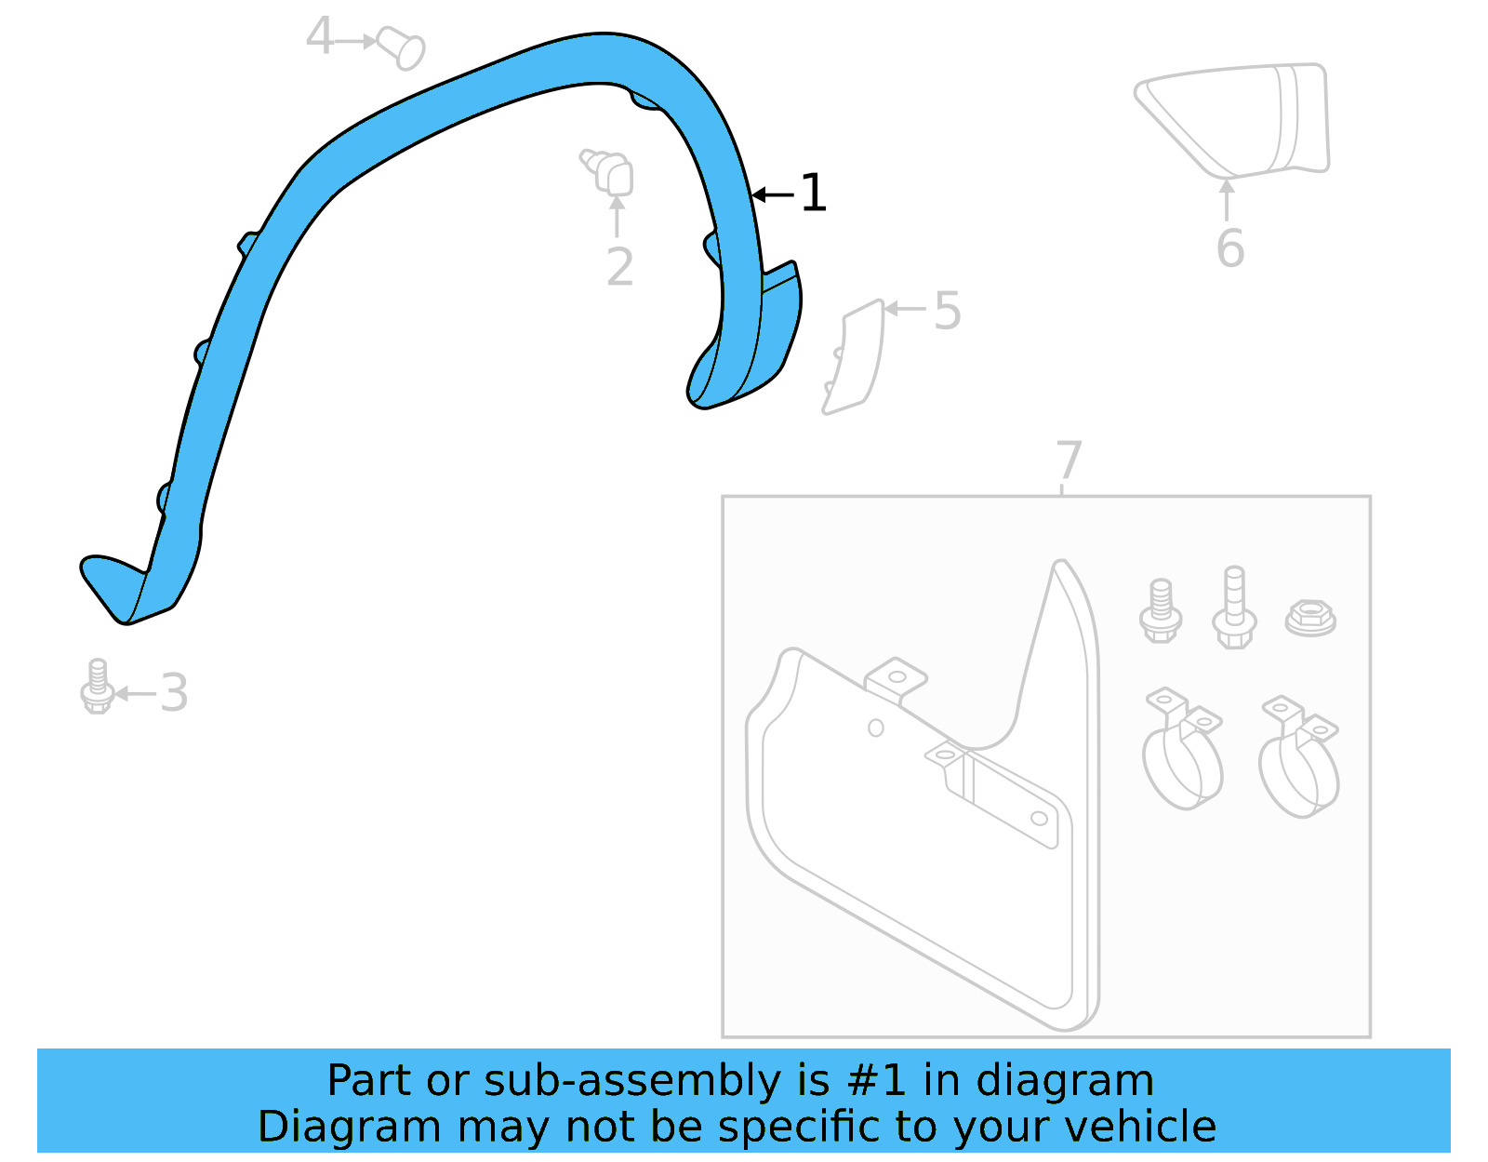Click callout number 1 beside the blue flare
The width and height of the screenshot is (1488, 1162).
coord(813,194)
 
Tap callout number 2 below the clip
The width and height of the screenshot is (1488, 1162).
coord(619,268)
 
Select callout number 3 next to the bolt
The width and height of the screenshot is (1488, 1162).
coord(174,693)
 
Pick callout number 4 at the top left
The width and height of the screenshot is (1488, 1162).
coord(319,37)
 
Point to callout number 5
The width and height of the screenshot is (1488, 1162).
coord(947,311)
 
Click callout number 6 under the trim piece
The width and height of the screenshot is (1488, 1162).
coord(1229,248)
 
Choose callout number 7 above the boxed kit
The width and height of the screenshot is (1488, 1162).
coord(1069,461)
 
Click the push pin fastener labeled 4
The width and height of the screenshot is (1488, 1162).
coord(403,47)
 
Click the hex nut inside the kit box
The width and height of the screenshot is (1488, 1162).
coord(1309,618)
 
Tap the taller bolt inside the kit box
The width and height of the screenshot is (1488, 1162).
coord(1234,608)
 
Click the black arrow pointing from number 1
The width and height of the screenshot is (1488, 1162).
coord(772,194)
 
